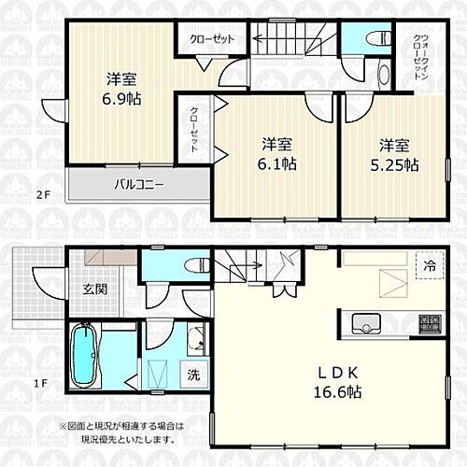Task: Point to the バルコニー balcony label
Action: [x=140, y=184]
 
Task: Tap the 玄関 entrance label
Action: [x=94, y=288]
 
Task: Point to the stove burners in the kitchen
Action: [x=430, y=324]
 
